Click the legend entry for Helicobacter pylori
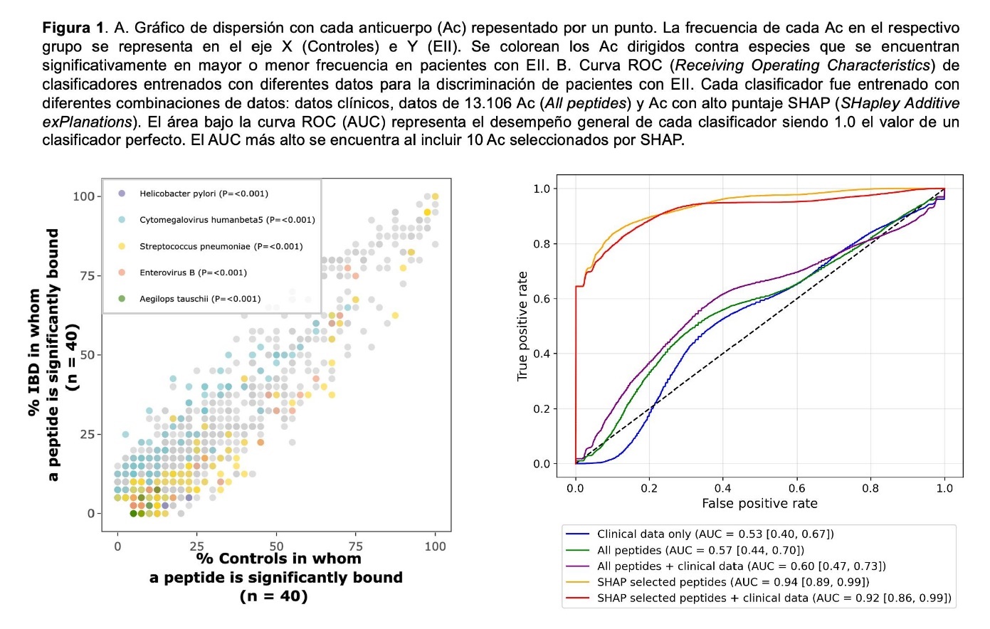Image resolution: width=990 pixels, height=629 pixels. pyautogui.click(x=204, y=194)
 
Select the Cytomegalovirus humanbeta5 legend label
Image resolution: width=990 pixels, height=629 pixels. pyautogui.click(x=226, y=220)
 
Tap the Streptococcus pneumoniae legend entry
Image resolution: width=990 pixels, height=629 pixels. pyautogui.click(x=221, y=246)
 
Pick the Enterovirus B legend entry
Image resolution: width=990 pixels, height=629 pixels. pyautogui.click(x=193, y=273)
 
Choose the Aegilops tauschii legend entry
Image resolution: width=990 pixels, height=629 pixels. pyautogui.click(x=200, y=299)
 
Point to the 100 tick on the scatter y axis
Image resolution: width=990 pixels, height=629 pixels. pyautogui.click(x=83, y=196)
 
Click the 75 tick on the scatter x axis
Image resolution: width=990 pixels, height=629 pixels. pyautogui.click(x=355, y=546)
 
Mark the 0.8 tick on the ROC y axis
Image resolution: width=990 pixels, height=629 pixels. pyautogui.click(x=542, y=244)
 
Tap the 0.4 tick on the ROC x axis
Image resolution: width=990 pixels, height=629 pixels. pyautogui.click(x=722, y=488)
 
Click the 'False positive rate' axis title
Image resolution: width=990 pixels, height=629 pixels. pyautogui.click(x=759, y=504)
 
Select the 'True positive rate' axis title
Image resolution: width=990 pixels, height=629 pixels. pyautogui.click(x=523, y=326)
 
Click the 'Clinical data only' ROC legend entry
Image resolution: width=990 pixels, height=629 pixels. pyautogui.click(x=715, y=534)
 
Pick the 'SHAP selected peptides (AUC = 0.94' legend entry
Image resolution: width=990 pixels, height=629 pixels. pyautogui.click(x=733, y=582)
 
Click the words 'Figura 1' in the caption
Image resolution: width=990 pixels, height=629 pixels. pyautogui.click(x=73, y=28)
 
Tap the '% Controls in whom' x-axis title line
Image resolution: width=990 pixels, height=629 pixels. pyautogui.click(x=278, y=559)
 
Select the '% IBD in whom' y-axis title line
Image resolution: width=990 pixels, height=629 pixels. pyautogui.click(x=34, y=352)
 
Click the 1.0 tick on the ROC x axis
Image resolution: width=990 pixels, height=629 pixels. pyautogui.click(x=944, y=488)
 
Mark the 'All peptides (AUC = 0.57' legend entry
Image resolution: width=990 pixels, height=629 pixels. pyautogui.click(x=700, y=550)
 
